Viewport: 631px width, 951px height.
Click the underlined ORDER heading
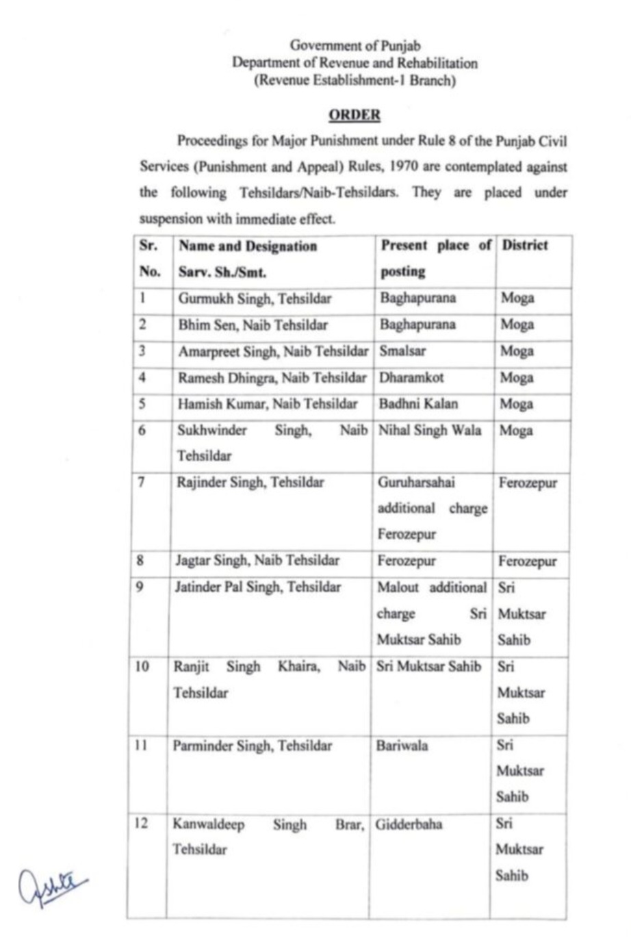354,114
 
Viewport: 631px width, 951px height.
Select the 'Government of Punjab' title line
355,45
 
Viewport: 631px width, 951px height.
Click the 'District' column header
525,245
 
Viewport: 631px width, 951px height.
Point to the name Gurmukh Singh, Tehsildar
255,299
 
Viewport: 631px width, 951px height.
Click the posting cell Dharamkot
412,377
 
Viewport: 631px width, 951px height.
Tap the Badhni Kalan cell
418,403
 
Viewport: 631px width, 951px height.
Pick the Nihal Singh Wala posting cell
430,430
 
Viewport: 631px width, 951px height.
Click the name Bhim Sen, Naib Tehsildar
253,325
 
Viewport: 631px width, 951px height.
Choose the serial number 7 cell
142,482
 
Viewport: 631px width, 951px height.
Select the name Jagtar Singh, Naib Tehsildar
257,561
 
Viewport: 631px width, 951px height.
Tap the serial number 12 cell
141,823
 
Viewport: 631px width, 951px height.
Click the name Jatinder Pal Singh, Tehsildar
257,587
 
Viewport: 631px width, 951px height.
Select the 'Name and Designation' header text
248,246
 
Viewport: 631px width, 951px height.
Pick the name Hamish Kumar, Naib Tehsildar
267,404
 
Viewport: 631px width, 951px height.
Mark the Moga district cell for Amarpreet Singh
517,351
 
